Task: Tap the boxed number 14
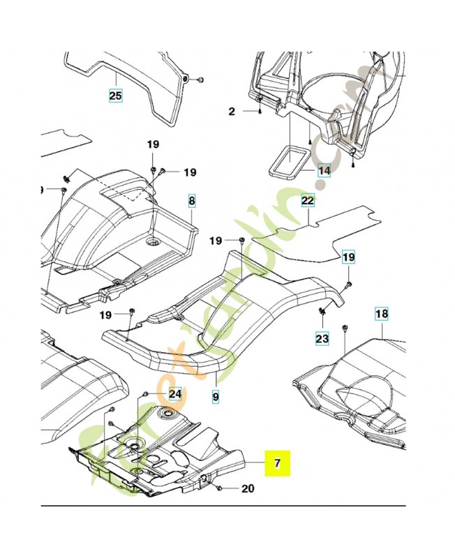[x=325, y=169]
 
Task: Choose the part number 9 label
[x=216, y=396]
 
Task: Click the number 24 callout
[x=174, y=394]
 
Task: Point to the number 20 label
[x=247, y=489]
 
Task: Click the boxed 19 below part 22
[x=348, y=258]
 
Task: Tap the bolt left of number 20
[x=219, y=488]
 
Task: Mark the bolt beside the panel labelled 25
[x=199, y=80]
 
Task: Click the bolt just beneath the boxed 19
[x=348, y=283]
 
